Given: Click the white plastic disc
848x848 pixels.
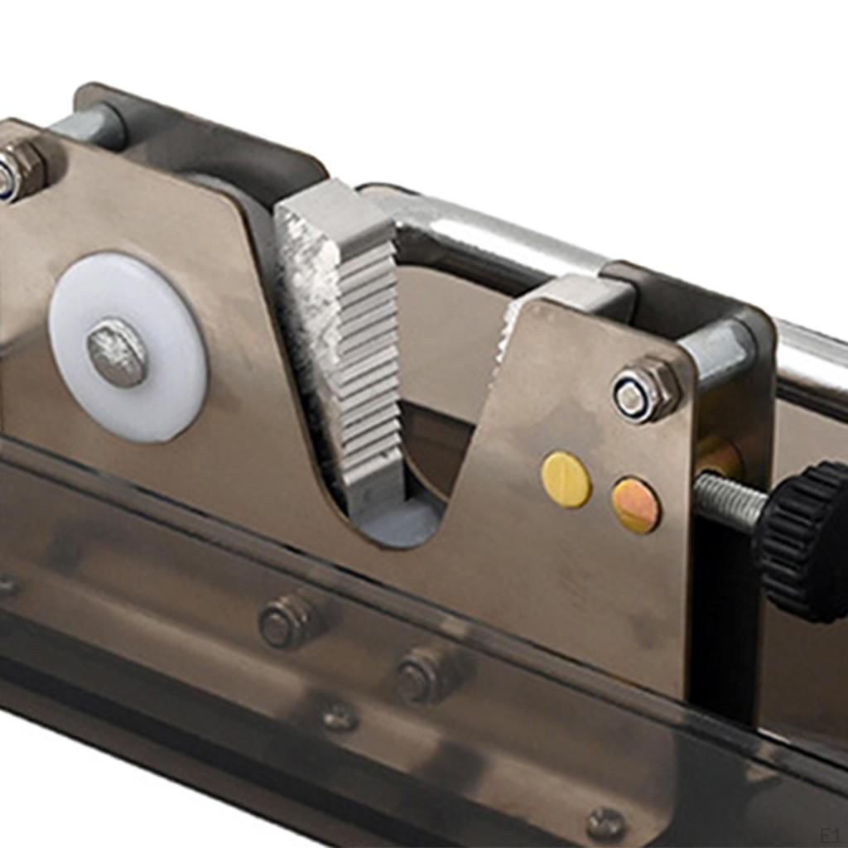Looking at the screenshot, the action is click(128, 347).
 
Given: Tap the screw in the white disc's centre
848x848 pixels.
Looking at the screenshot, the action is click(116, 351).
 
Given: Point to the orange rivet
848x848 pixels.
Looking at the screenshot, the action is click(636, 505).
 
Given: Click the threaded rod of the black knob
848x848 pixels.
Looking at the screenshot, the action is click(731, 499).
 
